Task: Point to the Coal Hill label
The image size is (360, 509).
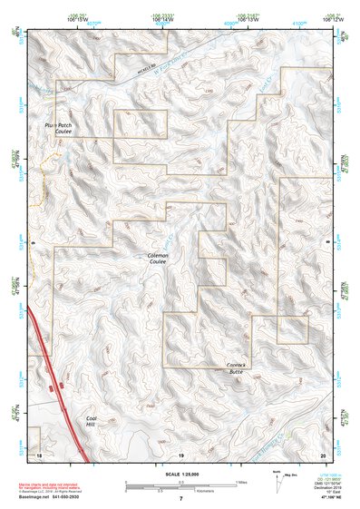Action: click(x=91, y=422)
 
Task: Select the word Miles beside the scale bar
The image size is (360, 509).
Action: click(x=240, y=481)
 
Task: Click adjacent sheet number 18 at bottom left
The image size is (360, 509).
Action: click(x=39, y=453)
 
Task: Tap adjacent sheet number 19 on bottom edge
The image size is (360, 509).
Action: click(x=180, y=453)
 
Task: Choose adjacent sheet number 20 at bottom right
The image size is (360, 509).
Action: click(x=322, y=453)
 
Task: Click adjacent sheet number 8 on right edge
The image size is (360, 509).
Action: click(x=328, y=244)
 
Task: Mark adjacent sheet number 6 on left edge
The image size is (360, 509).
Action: click(x=32, y=244)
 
